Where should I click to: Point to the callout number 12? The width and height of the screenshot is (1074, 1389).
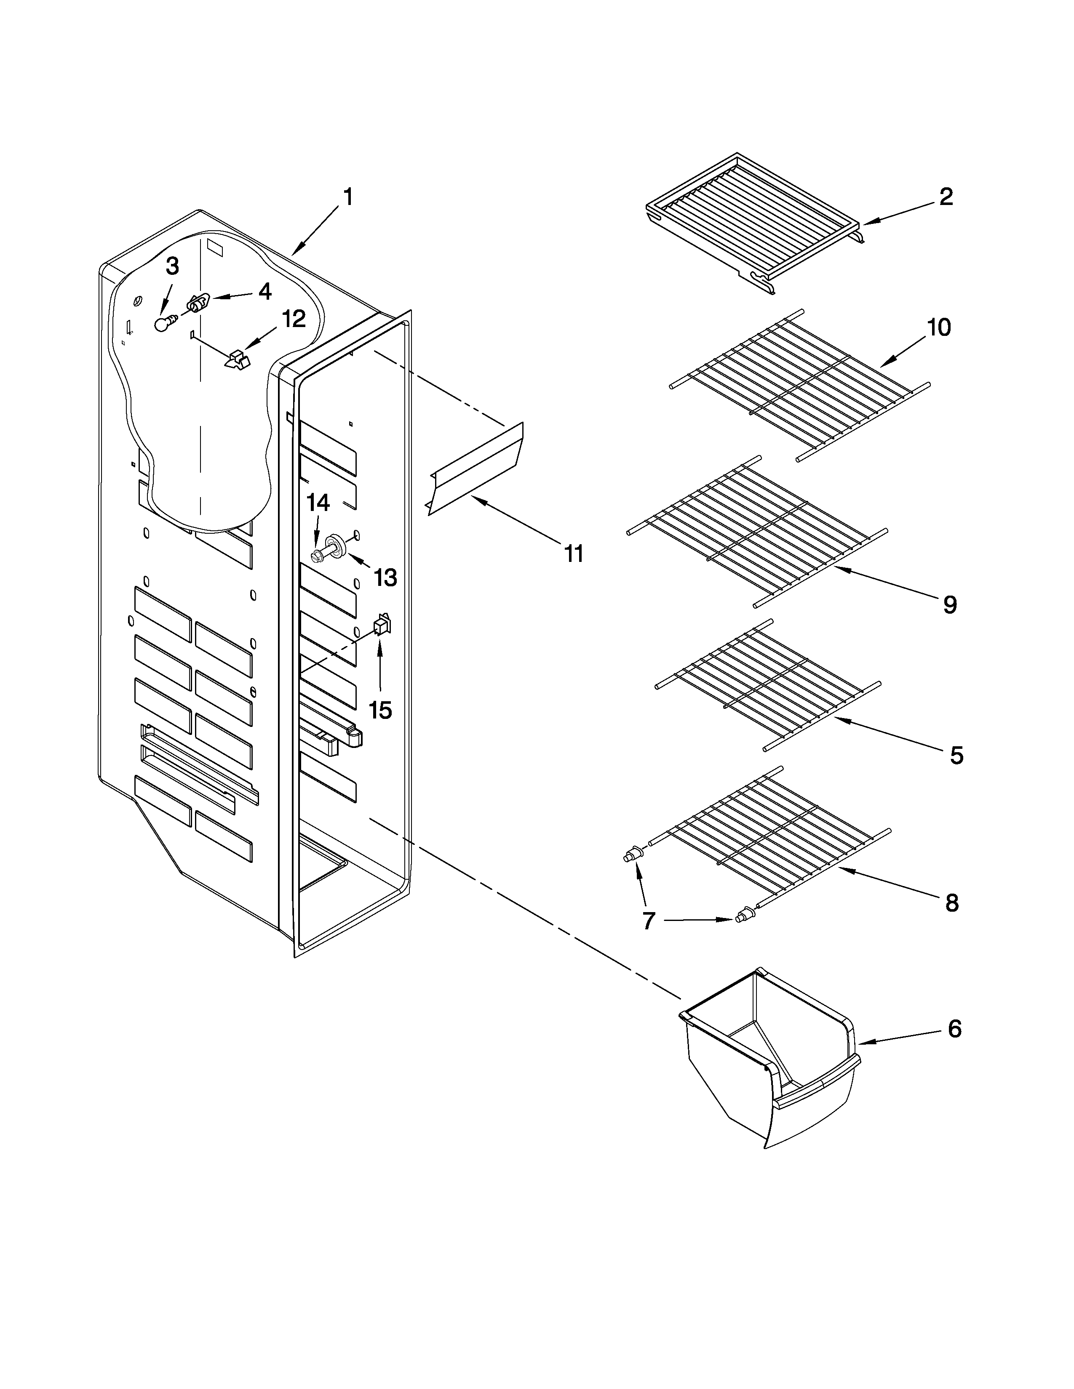pyautogui.click(x=293, y=319)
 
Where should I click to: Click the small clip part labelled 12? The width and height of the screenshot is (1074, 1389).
pyautogui.click(x=237, y=359)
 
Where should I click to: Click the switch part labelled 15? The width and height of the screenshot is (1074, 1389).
pyautogui.click(x=382, y=626)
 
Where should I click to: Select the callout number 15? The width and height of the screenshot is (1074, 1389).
pyautogui.click(x=380, y=710)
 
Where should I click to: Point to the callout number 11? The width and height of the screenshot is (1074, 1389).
pyautogui.click(x=574, y=554)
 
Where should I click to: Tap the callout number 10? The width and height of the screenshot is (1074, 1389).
pyautogui.click(x=938, y=327)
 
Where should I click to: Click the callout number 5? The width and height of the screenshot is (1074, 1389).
pyautogui.click(x=956, y=756)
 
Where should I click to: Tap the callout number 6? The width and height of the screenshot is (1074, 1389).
pyautogui.click(x=954, y=1029)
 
